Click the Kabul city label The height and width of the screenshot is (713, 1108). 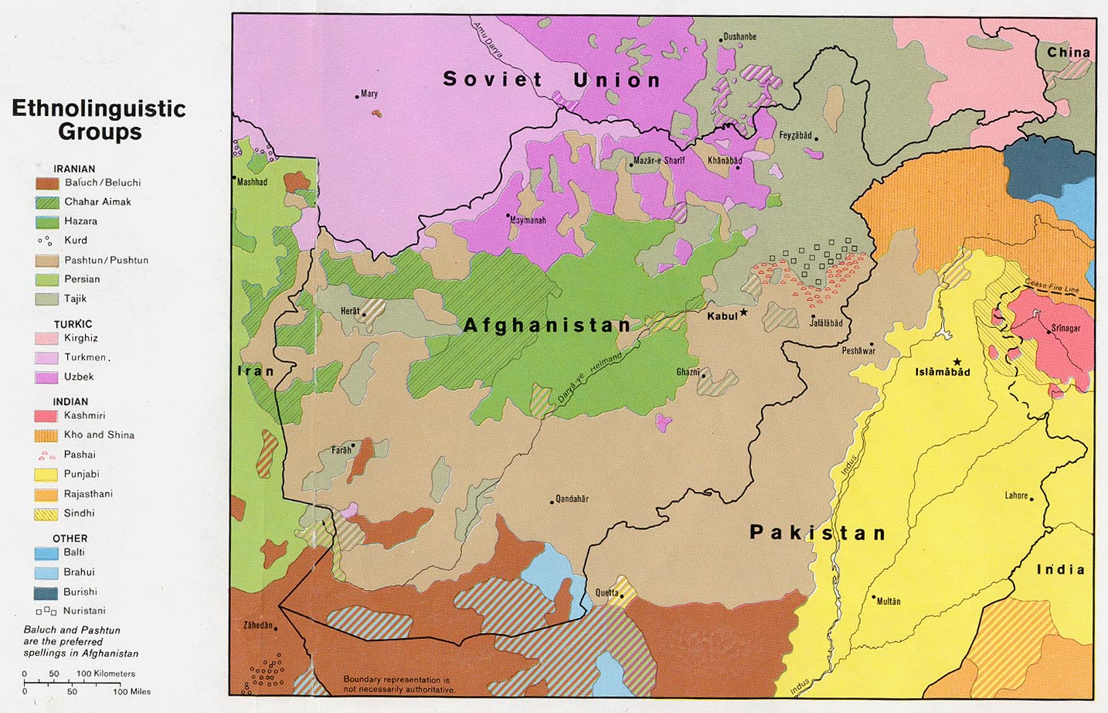(x=722, y=316)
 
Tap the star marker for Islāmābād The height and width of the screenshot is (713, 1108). (x=957, y=361)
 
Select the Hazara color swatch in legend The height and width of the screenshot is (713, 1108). (x=46, y=221)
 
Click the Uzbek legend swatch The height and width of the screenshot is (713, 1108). (x=46, y=377)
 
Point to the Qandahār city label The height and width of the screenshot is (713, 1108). (x=572, y=499)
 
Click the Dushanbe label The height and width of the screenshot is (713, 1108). (x=739, y=36)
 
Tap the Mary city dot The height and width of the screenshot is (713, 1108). (x=357, y=97)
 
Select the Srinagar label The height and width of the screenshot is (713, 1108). (x=1066, y=328)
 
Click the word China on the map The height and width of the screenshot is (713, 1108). (x=1069, y=53)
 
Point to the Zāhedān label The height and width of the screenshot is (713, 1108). (x=258, y=625)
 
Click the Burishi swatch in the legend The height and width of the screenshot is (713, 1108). (x=46, y=592)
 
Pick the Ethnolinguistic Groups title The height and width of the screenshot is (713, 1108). (x=99, y=119)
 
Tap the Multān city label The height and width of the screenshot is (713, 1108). (x=889, y=601)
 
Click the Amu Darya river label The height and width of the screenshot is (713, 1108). (x=488, y=39)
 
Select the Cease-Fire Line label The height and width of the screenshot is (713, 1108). (x=1052, y=286)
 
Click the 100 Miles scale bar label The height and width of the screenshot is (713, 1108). (x=132, y=691)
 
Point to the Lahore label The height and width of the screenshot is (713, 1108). (x=1016, y=495)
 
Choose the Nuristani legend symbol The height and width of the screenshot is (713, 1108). (x=46, y=611)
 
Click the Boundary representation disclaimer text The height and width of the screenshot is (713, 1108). (x=398, y=684)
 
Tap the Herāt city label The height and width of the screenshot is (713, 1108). (x=350, y=311)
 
